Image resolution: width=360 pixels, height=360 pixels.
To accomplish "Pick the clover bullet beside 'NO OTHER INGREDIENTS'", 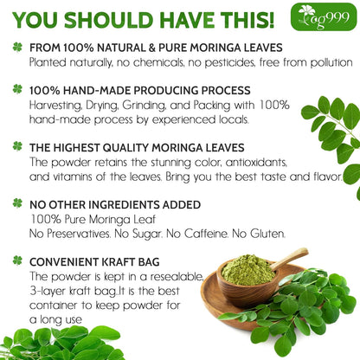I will point(16,202).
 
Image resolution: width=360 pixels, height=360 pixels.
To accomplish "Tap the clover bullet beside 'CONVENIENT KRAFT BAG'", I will point(16,260).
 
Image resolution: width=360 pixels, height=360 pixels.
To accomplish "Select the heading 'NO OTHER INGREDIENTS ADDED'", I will point(117,202).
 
